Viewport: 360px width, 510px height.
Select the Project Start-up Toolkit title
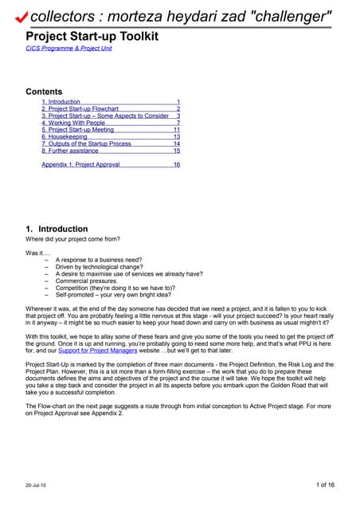[x=92, y=36]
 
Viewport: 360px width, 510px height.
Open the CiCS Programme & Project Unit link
[x=68, y=49]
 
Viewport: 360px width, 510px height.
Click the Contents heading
[x=44, y=92]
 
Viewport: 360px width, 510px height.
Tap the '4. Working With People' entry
[x=73, y=123]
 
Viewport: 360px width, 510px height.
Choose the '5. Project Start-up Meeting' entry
[x=77, y=130]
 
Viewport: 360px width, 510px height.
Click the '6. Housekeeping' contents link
[x=65, y=137]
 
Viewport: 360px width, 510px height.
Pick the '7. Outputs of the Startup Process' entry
[x=86, y=143]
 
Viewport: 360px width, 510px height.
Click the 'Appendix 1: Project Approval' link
[x=80, y=164]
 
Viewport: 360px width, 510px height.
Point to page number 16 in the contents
[x=176, y=164]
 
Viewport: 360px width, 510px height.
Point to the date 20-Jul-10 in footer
[x=37, y=484]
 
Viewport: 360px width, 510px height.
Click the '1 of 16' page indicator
[x=325, y=484]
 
